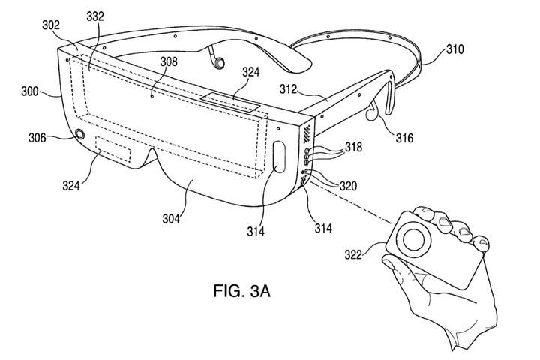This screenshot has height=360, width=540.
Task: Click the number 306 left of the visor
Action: [x=36, y=137]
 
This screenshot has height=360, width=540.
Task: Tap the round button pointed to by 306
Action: [x=78, y=136]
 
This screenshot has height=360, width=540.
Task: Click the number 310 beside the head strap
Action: [x=454, y=50]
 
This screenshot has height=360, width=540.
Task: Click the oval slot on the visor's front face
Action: [x=279, y=156]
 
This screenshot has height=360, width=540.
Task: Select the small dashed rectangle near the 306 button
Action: [x=114, y=151]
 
